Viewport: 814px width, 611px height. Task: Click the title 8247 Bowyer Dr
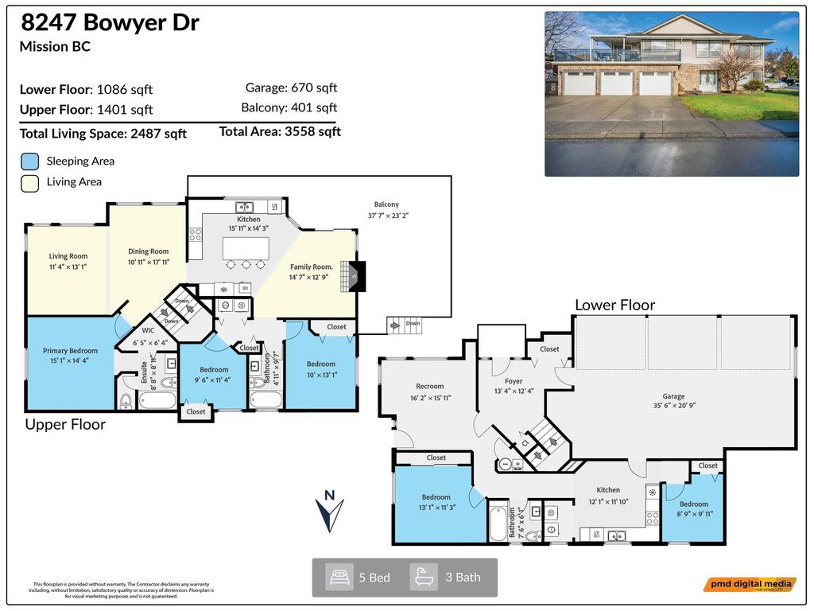109,23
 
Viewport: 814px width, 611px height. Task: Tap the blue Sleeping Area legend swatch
29,161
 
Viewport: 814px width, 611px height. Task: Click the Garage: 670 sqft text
291,88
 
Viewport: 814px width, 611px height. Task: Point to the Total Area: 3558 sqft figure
280,131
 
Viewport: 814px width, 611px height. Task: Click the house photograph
672,94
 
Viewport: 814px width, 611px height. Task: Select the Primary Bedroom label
71,351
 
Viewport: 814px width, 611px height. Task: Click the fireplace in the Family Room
357,275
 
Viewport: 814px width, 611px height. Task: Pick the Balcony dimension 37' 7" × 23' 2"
388,215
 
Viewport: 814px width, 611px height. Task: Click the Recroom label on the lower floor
430,387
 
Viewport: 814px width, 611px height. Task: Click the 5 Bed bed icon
340,576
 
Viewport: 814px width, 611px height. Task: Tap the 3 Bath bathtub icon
424,576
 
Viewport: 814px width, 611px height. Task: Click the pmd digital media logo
749,585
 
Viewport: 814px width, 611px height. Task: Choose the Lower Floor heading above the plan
614,305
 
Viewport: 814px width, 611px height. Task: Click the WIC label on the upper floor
148,329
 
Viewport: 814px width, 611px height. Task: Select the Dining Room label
148,251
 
